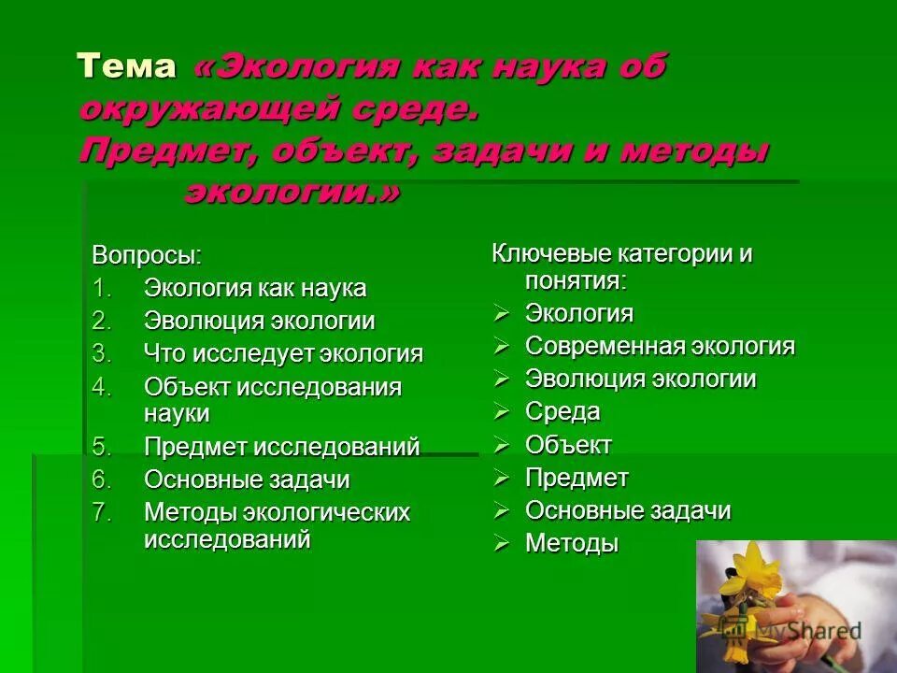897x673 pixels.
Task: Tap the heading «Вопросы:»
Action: coord(147,254)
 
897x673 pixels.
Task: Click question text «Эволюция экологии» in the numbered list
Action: coord(259,322)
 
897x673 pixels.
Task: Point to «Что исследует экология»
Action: coord(283,354)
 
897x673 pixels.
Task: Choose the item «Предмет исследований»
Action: coord(281,447)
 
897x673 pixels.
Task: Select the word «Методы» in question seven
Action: coord(190,513)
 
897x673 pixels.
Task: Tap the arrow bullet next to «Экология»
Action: coord(503,314)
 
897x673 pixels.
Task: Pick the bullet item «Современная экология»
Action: coord(660,347)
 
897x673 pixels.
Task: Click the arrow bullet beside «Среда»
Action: coord(503,412)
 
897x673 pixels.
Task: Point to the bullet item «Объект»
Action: coord(568,445)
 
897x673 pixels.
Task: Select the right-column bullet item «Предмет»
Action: coord(577,479)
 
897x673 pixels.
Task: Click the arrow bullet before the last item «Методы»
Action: coord(503,544)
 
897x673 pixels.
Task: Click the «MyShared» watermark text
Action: coord(809,631)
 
